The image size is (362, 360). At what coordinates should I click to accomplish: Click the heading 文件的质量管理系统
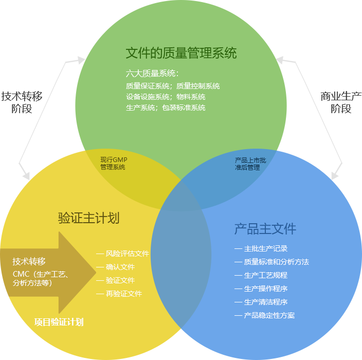pyautogui.click(x=181, y=53)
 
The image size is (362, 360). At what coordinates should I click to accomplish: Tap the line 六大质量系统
pyautogui.click(x=152, y=74)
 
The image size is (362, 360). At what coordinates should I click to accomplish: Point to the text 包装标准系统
pyautogui.click(x=184, y=107)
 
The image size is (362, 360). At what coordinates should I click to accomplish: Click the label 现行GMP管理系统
pyautogui.click(x=113, y=164)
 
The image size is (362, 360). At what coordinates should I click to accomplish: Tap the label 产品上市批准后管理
pyautogui.click(x=250, y=164)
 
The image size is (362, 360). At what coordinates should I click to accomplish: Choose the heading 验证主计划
pyautogui.click(x=88, y=218)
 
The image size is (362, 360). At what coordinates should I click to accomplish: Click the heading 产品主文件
pyautogui.click(x=265, y=229)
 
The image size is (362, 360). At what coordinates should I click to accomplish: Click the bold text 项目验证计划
pyautogui.click(x=59, y=322)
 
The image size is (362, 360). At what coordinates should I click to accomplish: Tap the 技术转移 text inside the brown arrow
pyautogui.click(x=29, y=261)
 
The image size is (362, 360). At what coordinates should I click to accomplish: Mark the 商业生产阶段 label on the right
pyautogui.click(x=340, y=102)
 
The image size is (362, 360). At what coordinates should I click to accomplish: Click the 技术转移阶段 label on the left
pyautogui.click(x=22, y=102)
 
